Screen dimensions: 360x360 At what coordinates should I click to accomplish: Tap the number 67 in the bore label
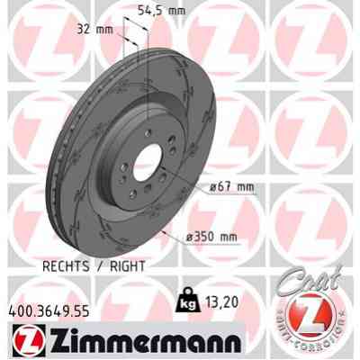228,187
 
